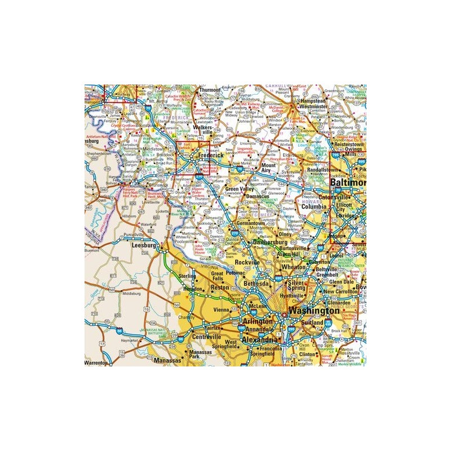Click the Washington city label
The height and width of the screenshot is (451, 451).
314,311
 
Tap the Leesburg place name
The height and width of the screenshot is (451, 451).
143,246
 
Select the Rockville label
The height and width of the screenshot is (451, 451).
247,263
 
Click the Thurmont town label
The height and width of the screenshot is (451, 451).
209,90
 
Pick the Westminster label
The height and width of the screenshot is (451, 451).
314,105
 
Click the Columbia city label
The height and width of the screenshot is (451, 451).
314,207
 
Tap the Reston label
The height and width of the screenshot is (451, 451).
219,288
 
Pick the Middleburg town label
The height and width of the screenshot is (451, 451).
131,294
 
